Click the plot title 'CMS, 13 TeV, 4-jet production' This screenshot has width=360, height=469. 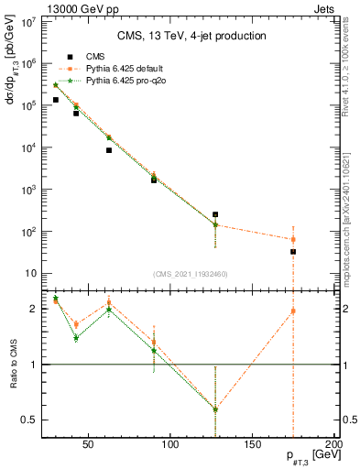point(191,37)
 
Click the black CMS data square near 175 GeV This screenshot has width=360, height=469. point(293,251)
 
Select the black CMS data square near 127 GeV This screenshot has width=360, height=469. point(215,214)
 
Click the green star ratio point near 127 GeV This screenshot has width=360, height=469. point(215,409)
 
